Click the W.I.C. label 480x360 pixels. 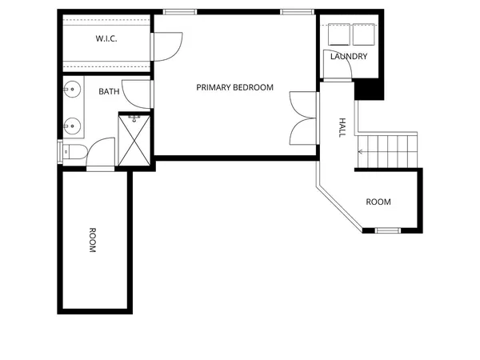(107, 38)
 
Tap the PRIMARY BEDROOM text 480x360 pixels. (235, 87)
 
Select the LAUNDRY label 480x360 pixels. (349, 56)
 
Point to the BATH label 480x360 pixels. (110, 92)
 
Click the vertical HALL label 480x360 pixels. (342, 128)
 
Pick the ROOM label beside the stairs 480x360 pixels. (378, 202)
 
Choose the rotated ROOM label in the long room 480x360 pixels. (92, 241)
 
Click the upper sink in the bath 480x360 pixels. (71, 90)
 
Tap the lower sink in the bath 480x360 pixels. (71, 125)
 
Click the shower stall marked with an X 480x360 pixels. (134, 139)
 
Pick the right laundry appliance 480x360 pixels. (364, 34)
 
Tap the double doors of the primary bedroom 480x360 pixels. (303, 117)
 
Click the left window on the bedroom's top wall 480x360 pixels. (180, 12)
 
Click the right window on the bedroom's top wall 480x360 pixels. (295, 12)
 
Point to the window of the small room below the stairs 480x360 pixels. (388, 230)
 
